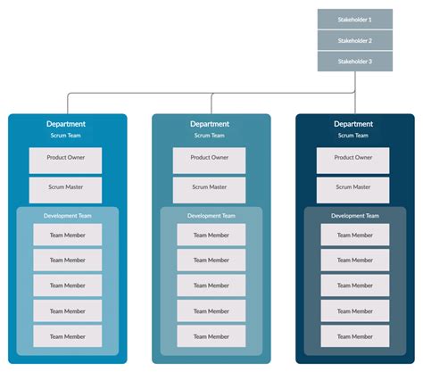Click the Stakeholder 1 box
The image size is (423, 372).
pos(355,19)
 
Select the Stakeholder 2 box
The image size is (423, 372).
pos(355,40)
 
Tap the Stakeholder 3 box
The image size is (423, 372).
pos(355,62)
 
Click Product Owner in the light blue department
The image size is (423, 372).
pos(65,161)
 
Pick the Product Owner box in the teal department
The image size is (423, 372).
pos(209,161)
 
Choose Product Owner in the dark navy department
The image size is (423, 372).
pos(352,161)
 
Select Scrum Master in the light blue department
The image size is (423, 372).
pos(65,190)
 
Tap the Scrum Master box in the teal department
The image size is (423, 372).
pos(209,190)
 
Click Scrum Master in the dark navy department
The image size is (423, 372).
pos(352,190)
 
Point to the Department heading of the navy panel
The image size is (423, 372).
pos(353,124)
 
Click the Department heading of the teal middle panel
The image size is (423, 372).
pos(210,124)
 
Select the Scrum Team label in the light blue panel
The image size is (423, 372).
pos(65,136)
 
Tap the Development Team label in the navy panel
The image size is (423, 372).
pos(355,216)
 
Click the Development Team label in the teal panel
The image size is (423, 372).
pos(211,216)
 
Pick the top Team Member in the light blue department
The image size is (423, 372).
pos(68,235)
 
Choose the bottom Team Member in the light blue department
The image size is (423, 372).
pos(68,336)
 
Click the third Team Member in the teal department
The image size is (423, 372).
pos(211,285)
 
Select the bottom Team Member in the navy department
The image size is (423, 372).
pos(355,336)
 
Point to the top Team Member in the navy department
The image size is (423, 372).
pos(355,235)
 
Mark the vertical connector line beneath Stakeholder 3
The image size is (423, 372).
pos(355,93)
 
